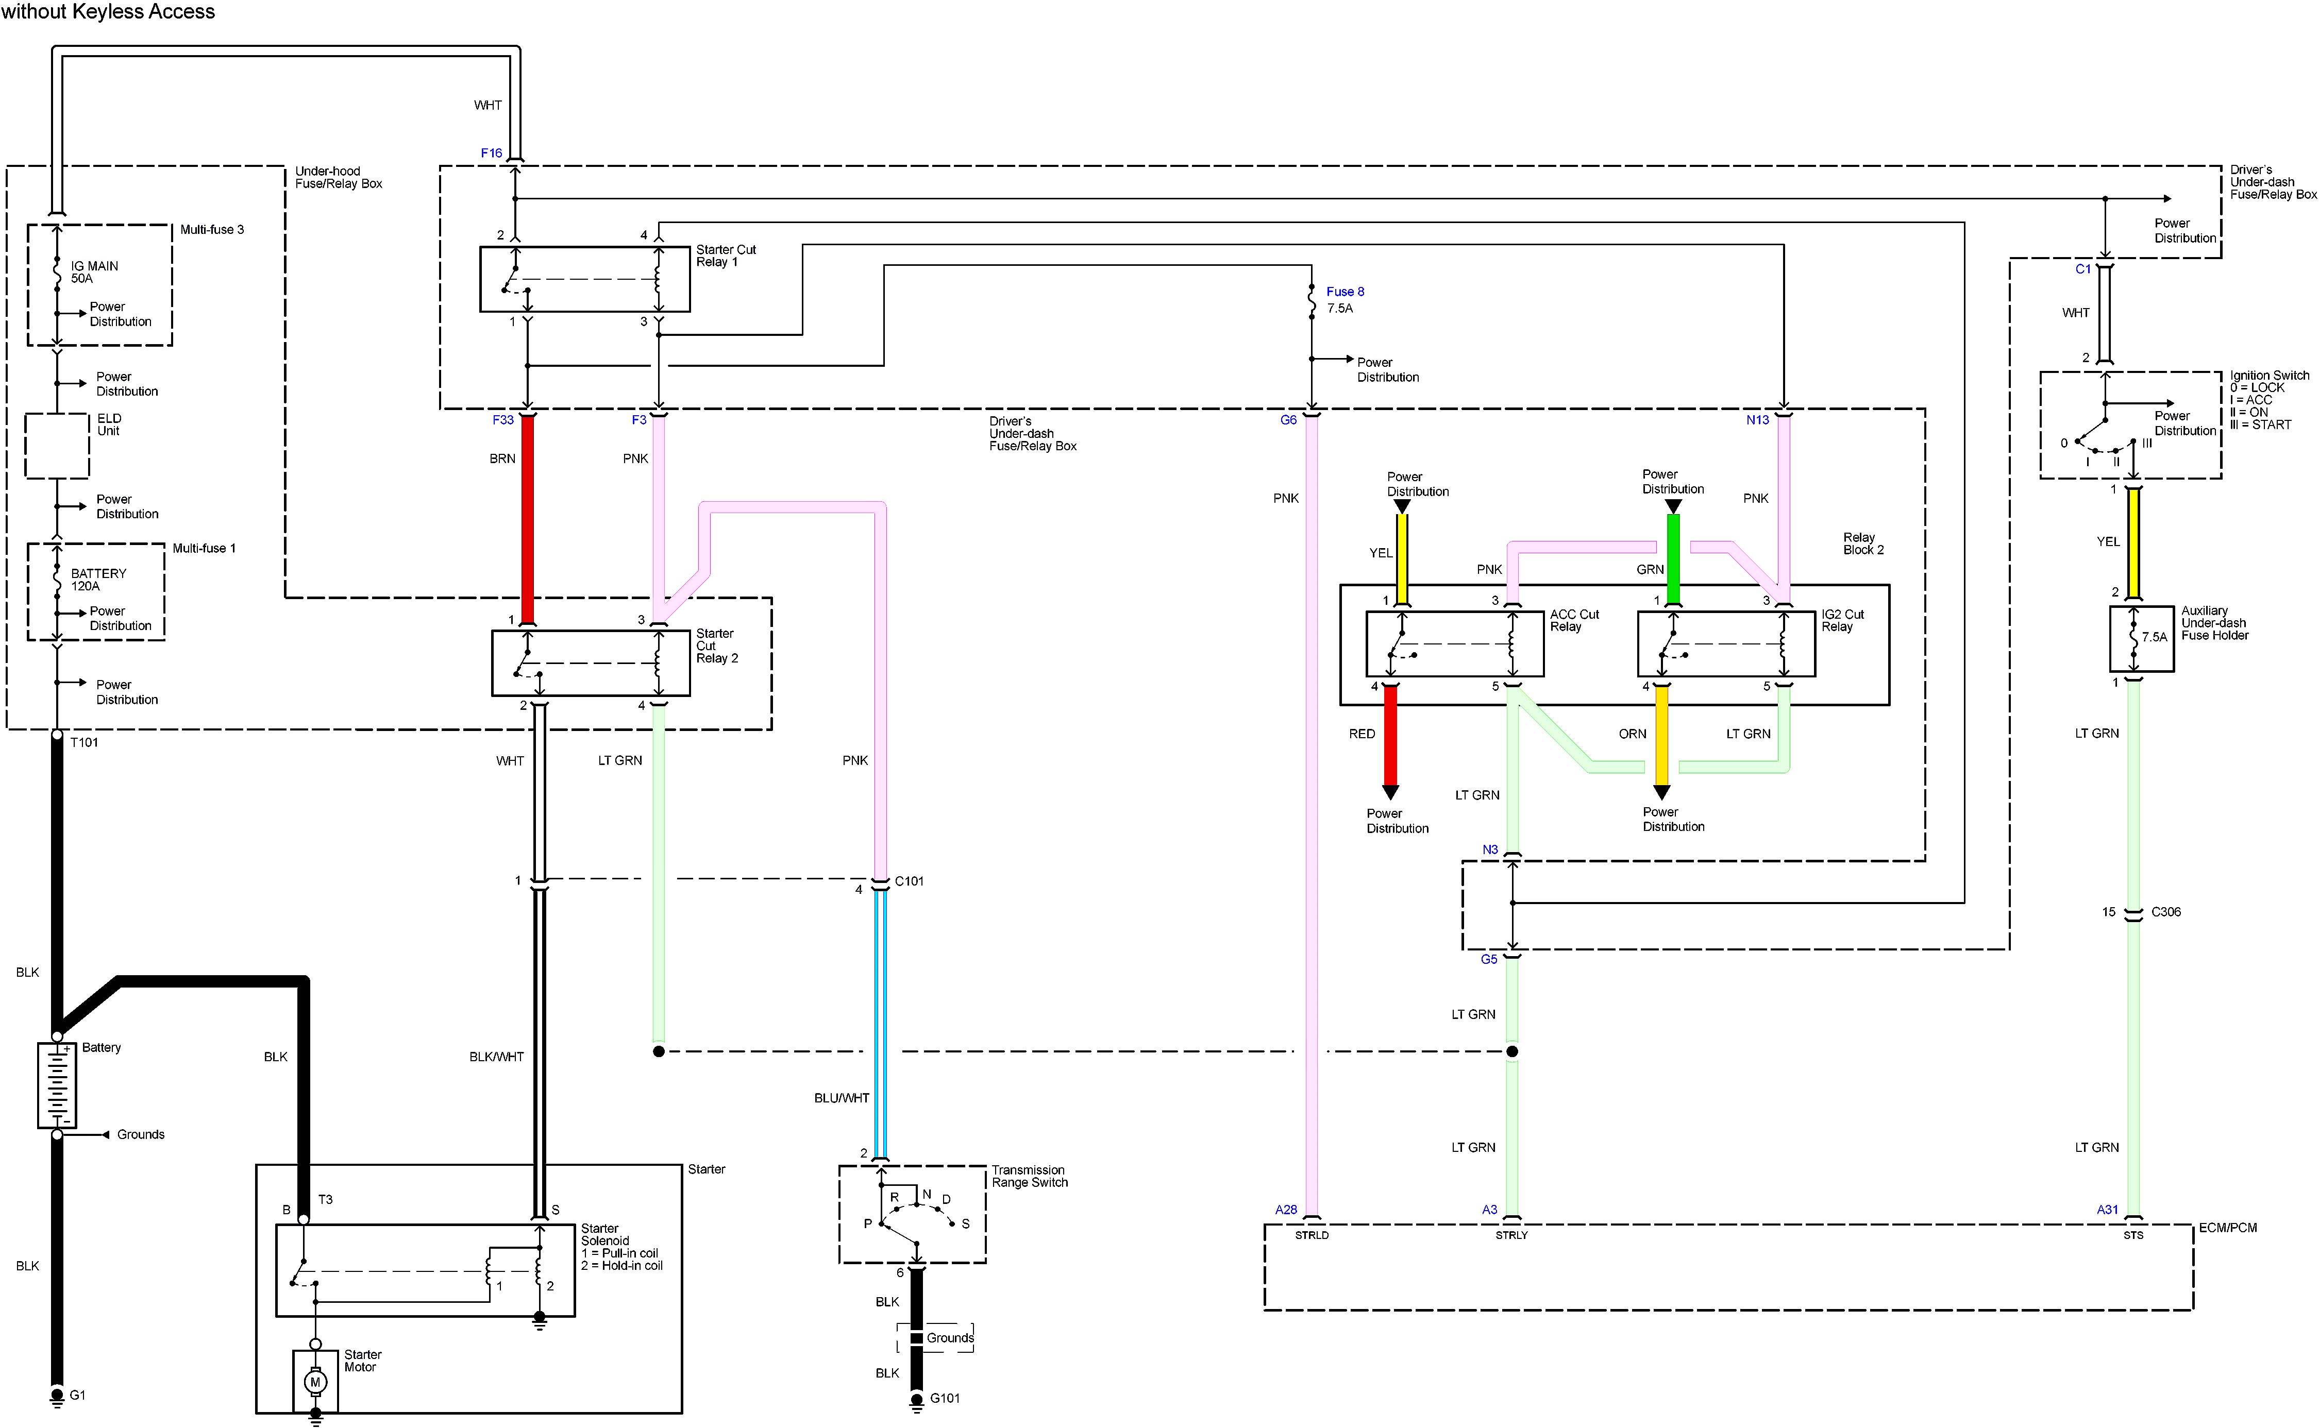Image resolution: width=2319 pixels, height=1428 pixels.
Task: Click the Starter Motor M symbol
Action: point(315,1382)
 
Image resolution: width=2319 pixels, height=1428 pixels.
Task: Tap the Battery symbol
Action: point(57,1084)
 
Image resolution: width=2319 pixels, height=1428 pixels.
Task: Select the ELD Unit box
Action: point(57,445)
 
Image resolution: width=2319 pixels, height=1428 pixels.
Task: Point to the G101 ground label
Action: point(945,1398)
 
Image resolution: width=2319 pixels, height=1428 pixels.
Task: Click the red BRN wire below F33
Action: point(528,519)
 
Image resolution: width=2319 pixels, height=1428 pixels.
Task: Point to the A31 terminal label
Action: point(2107,1210)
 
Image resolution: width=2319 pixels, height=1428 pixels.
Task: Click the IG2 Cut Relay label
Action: point(1842,620)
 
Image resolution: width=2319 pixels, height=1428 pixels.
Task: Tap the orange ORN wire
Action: point(1661,737)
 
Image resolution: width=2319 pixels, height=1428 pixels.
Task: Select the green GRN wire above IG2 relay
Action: point(1673,557)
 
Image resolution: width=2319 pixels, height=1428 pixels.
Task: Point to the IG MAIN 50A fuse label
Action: point(94,272)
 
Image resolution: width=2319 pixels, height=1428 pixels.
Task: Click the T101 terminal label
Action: point(84,742)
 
